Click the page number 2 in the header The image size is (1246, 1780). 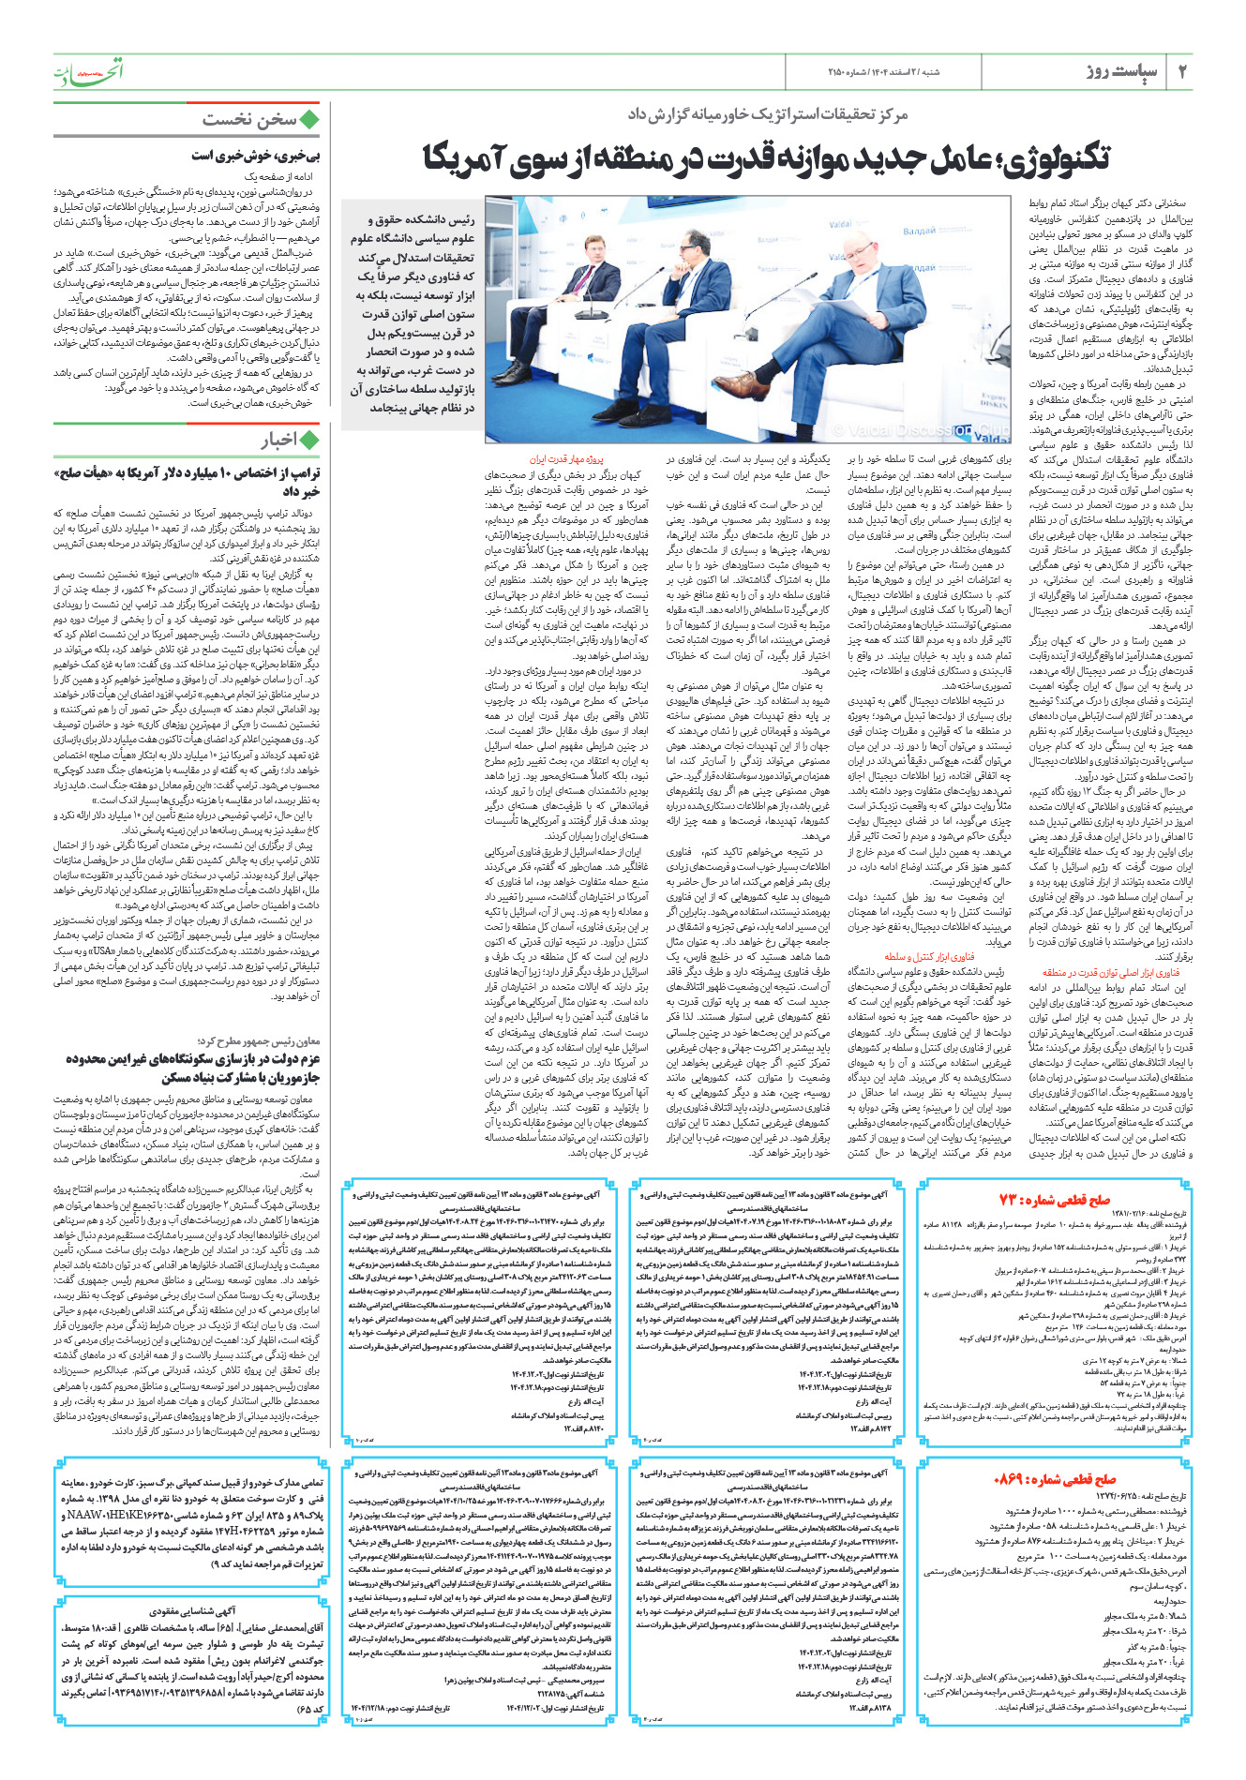[x=1182, y=71]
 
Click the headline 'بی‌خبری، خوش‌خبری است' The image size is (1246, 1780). [x=256, y=156]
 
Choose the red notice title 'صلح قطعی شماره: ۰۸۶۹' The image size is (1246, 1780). [x=1055, y=1480]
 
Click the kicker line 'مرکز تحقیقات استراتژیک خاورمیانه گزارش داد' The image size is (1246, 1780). [x=768, y=114]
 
